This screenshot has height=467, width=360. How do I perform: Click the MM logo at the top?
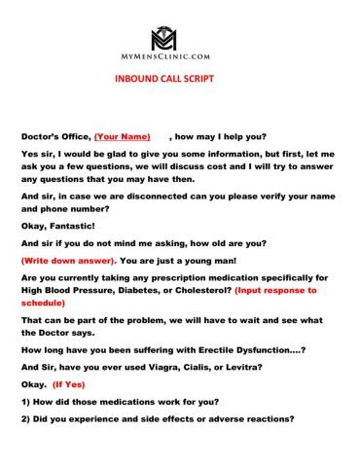coord(180,40)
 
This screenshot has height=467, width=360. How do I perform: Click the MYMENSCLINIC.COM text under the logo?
coord(180,59)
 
